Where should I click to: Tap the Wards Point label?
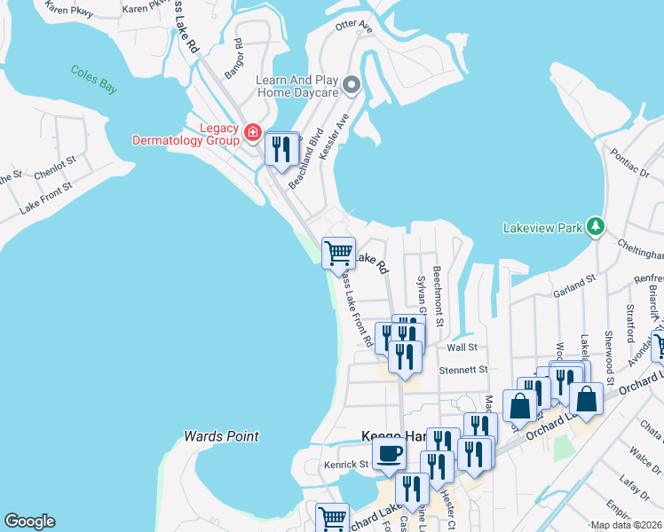pos(221,436)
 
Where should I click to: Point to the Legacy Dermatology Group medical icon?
pos(253,134)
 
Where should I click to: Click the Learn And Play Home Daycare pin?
pos(352,86)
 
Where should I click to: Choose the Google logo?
pos(29,521)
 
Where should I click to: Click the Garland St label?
pos(573,282)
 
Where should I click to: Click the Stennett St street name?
pos(463,369)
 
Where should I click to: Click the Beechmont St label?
pos(437,295)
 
